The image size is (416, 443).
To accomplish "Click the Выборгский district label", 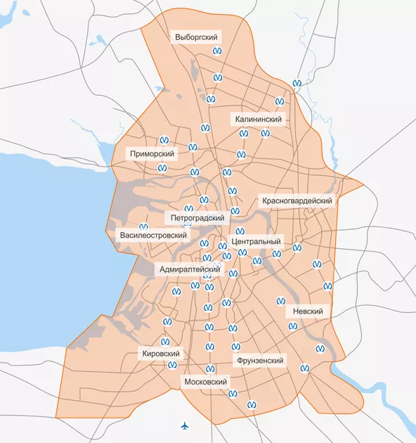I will coord(195,36).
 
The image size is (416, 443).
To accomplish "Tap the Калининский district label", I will coord(259,120).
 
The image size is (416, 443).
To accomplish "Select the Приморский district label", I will coord(151,153).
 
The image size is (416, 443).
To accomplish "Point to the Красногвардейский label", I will coord(297,200).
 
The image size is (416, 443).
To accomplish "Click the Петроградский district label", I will coord(196,217).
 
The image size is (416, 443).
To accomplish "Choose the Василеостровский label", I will coord(152,233).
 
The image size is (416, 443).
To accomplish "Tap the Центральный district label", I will coord(256,241).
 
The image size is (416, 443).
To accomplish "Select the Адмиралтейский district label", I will coord(190,269).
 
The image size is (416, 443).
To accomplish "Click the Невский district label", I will coord(306,311).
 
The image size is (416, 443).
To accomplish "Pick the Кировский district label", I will coord(161,354).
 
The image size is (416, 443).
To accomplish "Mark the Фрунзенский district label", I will coord(259,360).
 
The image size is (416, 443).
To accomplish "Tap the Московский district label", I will coord(205,382).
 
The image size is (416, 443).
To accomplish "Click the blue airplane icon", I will coord(185,426).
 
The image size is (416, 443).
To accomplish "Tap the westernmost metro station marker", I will coord(143,227).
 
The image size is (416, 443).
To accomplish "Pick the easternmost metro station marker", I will coord(327,286).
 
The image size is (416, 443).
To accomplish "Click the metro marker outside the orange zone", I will coord(297,82).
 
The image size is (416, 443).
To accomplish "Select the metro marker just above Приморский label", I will coord(165,140).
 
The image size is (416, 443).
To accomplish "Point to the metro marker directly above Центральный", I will coord(240,231).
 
